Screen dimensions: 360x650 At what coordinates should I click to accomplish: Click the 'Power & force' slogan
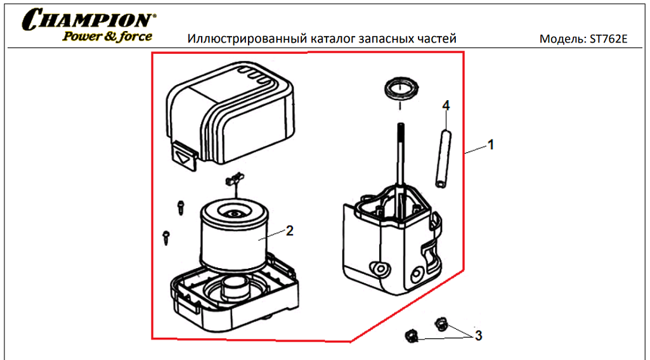click(x=107, y=36)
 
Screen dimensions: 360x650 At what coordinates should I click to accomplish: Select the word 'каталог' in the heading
click(x=334, y=39)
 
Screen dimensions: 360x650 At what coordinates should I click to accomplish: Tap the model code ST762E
click(x=608, y=39)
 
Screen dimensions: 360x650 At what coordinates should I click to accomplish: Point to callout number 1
click(x=490, y=145)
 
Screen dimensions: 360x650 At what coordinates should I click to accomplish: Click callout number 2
click(x=290, y=231)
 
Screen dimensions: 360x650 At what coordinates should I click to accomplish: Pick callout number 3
click(x=479, y=334)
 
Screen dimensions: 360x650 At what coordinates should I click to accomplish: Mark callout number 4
click(x=446, y=105)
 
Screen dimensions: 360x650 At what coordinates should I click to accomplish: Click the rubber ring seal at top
click(x=401, y=87)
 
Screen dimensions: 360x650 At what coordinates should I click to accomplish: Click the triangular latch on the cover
click(x=183, y=155)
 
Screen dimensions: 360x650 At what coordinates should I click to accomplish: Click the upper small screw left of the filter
click(x=181, y=206)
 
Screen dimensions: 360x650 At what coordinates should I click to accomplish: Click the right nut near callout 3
click(x=439, y=325)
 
